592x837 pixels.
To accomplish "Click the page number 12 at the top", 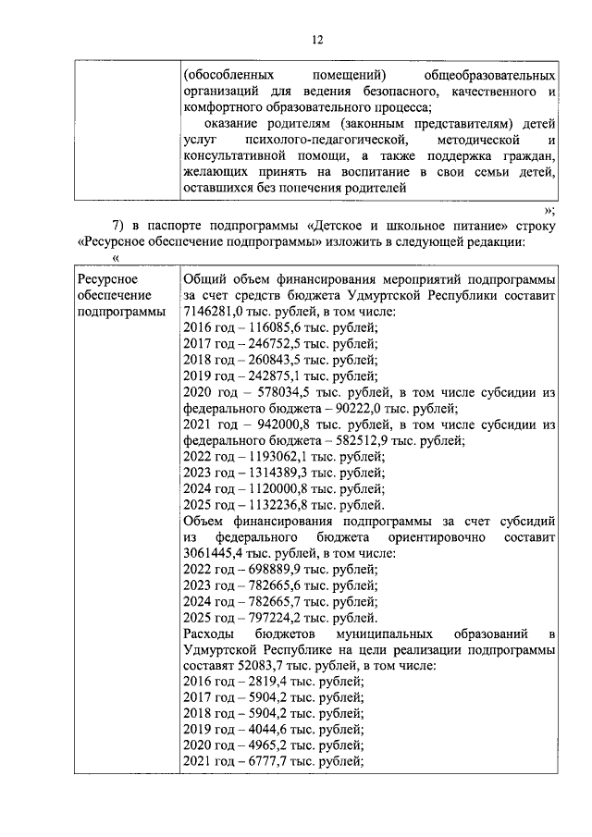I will click(316, 38).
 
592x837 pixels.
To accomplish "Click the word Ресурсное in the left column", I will click(108, 279).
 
